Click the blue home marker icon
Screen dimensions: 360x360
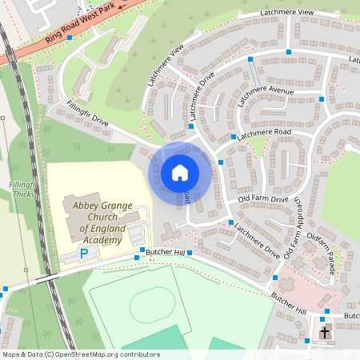pyautogui.click(x=180, y=172)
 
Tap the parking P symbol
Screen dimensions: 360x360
pyautogui.click(x=84, y=254)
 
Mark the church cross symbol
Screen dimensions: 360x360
pyautogui.click(x=326, y=331)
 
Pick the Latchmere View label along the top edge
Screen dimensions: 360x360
pyautogui.click(x=287, y=13)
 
